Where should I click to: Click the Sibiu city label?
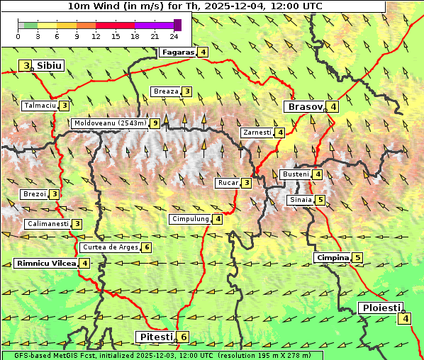[50, 66]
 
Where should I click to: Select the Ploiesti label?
[380, 308]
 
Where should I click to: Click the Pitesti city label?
[155, 337]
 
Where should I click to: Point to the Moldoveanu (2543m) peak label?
[110, 123]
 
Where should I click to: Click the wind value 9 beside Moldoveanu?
[155, 123]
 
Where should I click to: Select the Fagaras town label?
[177, 52]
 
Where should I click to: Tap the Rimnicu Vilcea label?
[45, 264]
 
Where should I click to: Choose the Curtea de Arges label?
[110, 247]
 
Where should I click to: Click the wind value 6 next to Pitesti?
[184, 337]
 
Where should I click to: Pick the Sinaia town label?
[300, 200]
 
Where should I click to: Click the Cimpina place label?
[333, 258]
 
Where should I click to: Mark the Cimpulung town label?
[190, 220]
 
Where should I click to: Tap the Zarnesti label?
[257, 133]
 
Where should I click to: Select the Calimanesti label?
[48, 224]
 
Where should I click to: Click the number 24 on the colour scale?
[174, 35]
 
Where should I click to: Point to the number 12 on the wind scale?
[96, 35]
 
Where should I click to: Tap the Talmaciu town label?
[40, 106]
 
